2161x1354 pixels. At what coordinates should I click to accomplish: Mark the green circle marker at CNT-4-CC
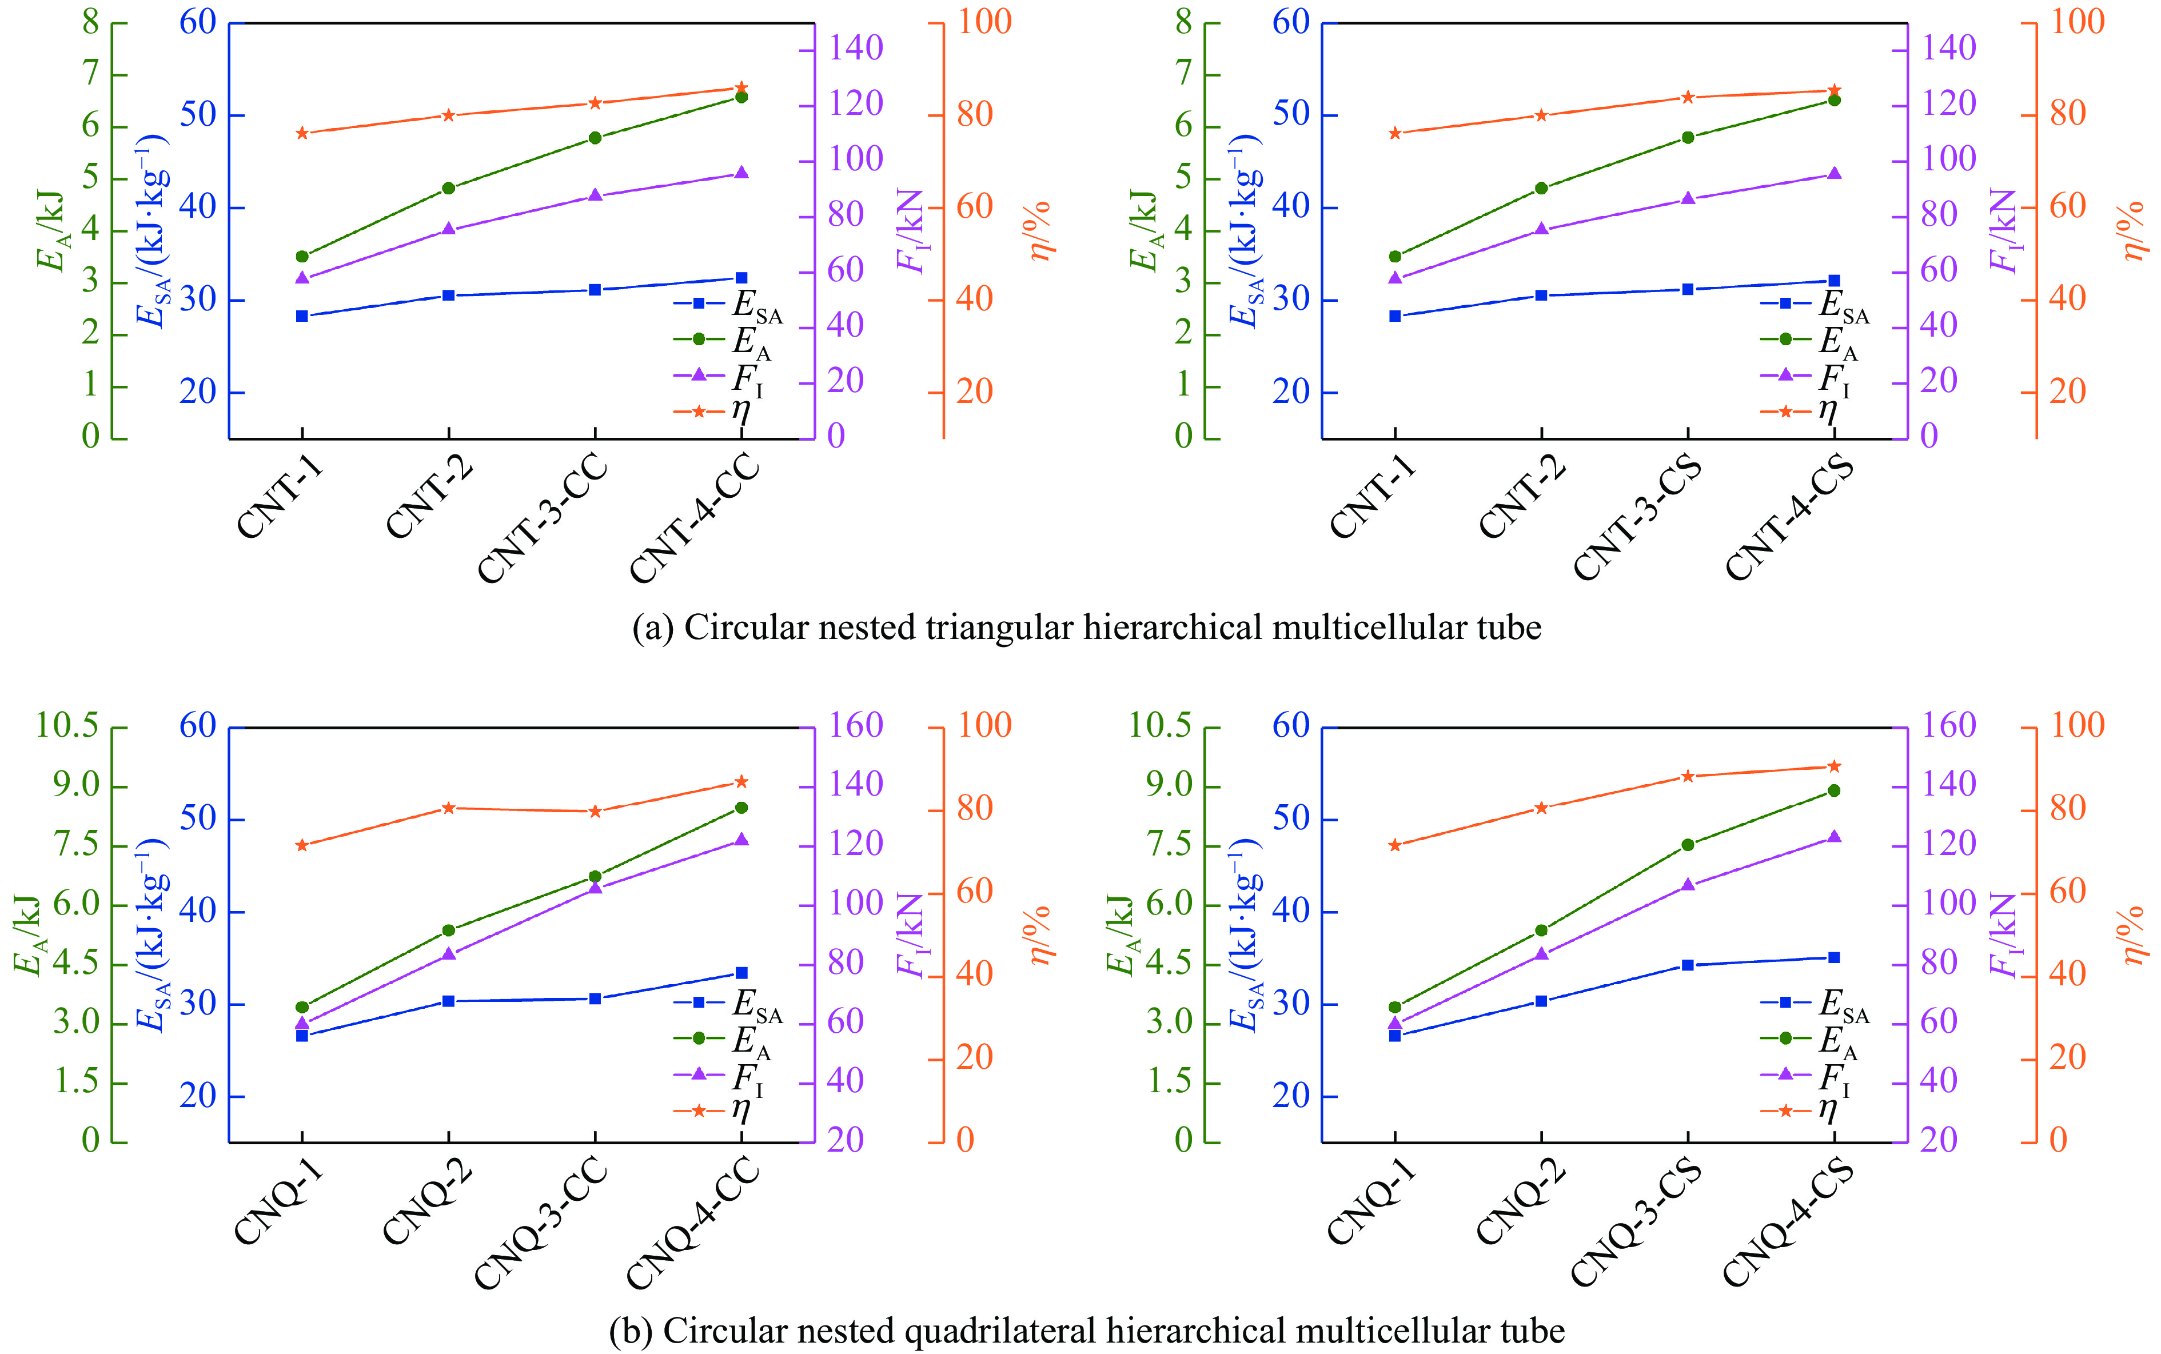741,97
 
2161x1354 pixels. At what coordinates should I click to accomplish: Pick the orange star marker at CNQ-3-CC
595,812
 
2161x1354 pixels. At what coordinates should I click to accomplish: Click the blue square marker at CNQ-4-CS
1834,957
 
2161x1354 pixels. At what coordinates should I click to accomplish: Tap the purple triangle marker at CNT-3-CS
1688,199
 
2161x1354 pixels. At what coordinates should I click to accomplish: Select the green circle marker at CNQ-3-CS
1688,844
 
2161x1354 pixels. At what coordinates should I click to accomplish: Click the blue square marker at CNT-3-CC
595,289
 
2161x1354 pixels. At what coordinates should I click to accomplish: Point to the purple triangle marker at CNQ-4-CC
741,840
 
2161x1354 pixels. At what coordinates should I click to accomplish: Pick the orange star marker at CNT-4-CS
1834,90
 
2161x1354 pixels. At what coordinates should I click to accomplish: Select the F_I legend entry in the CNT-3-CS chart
1805,377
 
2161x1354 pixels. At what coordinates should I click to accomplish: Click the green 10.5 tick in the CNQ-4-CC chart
67,725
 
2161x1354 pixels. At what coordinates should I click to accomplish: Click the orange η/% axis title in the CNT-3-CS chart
2134,231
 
